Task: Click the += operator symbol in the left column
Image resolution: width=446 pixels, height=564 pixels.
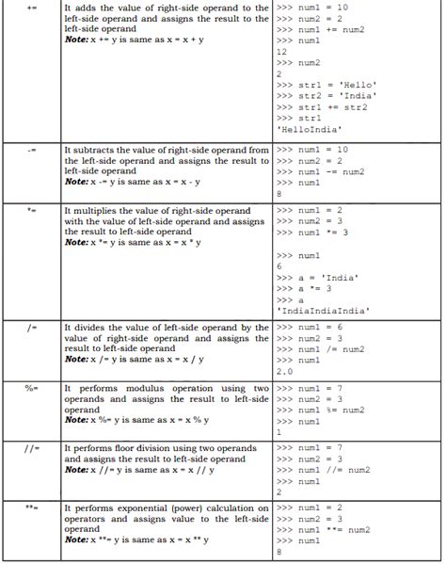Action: click(x=32, y=8)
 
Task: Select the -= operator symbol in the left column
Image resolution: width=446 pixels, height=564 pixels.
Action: click(x=32, y=150)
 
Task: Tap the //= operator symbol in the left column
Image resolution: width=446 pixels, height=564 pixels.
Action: click(x=31, y=448)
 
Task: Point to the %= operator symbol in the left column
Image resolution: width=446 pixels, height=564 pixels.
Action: click(x=32, y=388)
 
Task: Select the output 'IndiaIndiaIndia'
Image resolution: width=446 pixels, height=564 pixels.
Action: click(x=323, y=309)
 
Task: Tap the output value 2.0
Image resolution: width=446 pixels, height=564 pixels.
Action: click(x=285, y=371)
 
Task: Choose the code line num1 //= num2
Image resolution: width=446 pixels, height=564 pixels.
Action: click(x=324, y=470)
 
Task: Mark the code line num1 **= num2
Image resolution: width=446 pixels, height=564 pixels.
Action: click(x=324, y=530)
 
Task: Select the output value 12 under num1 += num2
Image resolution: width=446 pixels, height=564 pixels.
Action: click(x=282, y=52)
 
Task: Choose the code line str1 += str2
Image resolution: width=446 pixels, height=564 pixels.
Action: click(x=320, y=107)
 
